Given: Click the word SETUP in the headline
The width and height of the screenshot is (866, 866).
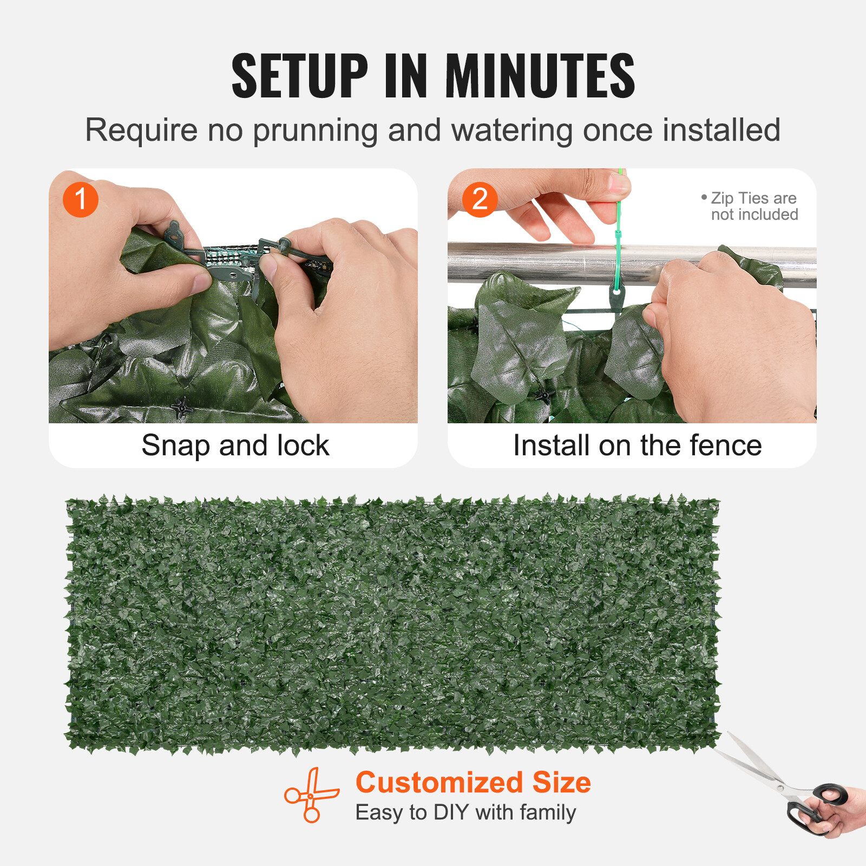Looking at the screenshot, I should point(299,76).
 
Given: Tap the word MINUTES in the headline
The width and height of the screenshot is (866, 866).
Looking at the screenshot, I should point(540,76).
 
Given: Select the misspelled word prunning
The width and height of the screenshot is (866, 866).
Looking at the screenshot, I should point(314,131).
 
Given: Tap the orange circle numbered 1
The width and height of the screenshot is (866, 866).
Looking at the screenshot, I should point(81,199).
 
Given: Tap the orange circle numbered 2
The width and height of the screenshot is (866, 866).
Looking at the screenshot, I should point(480,199).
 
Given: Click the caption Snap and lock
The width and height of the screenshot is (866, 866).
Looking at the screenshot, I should point(235,445).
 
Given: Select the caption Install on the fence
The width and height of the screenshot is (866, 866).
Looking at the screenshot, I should point(637,445).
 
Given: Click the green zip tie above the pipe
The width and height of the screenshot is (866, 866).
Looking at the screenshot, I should point(618,227).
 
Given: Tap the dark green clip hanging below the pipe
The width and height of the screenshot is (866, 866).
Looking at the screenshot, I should point(616,297).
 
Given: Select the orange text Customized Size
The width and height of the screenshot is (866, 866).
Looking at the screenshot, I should point(473,782).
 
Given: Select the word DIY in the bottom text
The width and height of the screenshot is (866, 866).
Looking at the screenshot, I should point(451,812).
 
